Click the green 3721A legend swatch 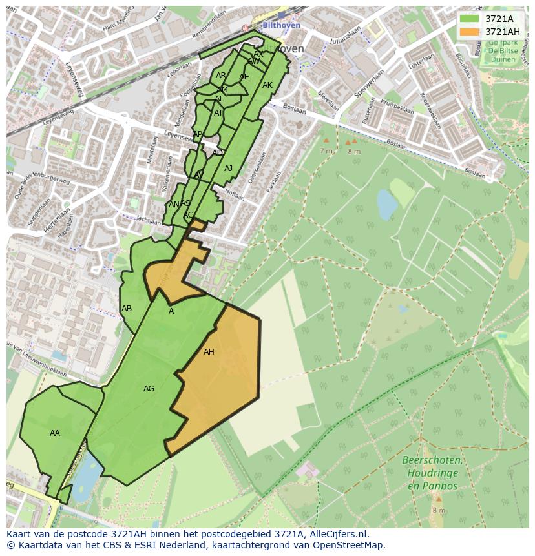[x=470, y=19]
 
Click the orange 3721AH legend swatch [x=470, y=32]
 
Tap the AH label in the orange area [x=209, y=352]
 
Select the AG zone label [x=149, y=389]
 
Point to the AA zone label [x=55, y=433]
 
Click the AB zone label [x=127, y=309]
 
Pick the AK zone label [x=267, y=85]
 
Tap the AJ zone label [x=228, y=169]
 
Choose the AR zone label [x=221, y=76]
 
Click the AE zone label [x=244, y=77]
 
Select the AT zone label [x=218, y=113]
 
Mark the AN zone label [x=173, y=205]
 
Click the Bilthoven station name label [x=282, y=25]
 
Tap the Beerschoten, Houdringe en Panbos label [x=432, y=473]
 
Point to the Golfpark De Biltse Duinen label [x=502, y=51]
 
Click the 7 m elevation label [x=326, y=150]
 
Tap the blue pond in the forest [x=387, y=205]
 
